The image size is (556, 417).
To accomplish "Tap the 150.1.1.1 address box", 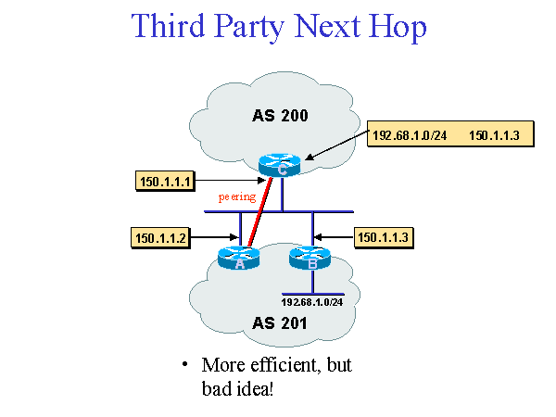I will coord(165,182).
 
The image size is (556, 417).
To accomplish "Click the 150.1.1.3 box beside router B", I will coord(383,238).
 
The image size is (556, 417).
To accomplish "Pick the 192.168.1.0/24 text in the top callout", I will coord(410,136).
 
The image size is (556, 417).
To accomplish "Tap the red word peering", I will coord(236,197).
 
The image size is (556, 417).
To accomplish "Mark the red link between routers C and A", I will coord(260,213).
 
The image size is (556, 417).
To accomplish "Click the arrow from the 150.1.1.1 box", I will coord(227,181).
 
